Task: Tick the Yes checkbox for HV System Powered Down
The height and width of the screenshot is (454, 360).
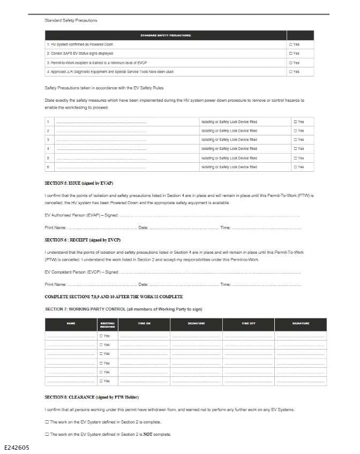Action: click(290, 44)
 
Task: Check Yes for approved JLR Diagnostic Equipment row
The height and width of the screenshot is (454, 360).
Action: click(290, 72)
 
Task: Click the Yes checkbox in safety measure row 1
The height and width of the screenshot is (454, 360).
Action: click(295, 122)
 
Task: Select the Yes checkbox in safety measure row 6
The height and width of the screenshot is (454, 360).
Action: click(295, 167)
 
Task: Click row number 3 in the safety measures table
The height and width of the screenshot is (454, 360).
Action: click(48, 140)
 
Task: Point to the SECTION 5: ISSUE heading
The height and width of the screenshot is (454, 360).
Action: click(79, 183)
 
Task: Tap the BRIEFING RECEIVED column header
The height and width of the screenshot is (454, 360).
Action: click(107, 325)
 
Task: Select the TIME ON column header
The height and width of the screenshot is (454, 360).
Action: click(144, 323)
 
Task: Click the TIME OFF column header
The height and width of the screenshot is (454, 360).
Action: click(248, 323)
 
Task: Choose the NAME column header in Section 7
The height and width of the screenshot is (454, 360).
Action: click(71, 323)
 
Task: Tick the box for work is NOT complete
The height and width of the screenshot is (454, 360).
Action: click(47, 434)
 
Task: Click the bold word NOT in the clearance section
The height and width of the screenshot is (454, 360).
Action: click(146, 434)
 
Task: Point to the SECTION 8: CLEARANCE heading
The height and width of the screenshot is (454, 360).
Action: click(92, 397)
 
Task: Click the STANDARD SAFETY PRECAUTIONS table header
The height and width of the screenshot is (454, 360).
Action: click(166, 35)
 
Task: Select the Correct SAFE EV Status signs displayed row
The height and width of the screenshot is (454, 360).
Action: click(80, 54)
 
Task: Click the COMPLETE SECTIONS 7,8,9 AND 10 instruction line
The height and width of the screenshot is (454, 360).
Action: click(114, 297)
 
